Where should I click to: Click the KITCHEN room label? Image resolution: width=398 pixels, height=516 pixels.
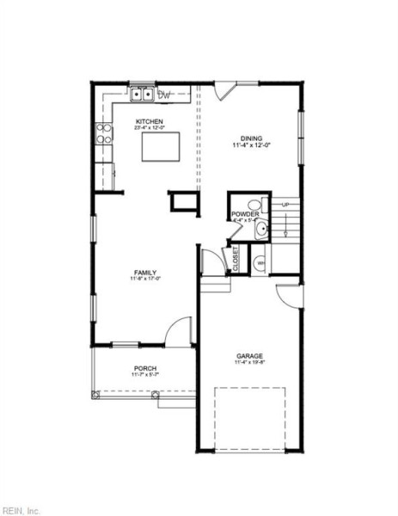point(150,122)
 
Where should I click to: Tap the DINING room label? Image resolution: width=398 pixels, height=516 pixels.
point(251,138)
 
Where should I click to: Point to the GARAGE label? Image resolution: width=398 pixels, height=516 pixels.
point(250,355)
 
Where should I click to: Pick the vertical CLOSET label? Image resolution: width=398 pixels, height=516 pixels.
point(235,259)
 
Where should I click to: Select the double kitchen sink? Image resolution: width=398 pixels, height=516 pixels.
point(142,94)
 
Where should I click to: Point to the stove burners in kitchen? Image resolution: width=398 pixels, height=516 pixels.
point(104,132)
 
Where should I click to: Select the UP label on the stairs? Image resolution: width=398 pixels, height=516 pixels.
point(285,204)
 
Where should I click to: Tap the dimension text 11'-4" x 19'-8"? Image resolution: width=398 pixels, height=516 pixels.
point(250,363)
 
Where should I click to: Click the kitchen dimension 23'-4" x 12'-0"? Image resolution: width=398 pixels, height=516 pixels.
point(150,129)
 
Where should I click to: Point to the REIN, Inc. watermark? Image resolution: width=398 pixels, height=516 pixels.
point(21,508)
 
